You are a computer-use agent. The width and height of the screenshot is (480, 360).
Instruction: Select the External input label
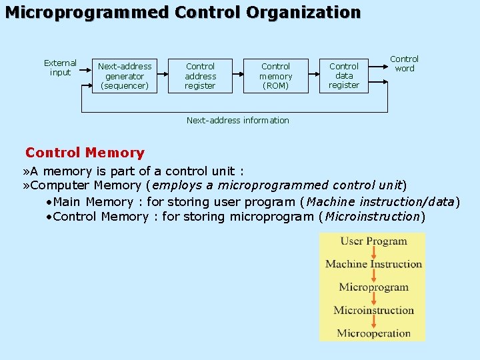[x=60, y=68]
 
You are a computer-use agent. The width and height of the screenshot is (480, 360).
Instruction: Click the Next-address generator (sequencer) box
[x=125, y=75]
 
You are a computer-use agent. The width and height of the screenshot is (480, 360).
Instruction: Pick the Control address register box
[x=201, y=75]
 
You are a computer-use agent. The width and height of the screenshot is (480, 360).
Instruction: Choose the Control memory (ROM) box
[x=276, y=75]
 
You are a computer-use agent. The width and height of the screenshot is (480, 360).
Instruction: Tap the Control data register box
[x=344, y=75]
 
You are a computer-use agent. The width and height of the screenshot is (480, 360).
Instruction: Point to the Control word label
[x=404, y=63]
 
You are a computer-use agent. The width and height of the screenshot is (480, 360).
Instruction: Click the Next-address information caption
[x=238, y=121]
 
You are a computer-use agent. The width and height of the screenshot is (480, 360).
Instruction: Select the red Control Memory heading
[x=85, y=153]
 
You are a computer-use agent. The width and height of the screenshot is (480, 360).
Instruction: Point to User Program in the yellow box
[x=373, y=241]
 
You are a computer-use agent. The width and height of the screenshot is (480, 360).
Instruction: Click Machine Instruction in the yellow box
[x=373, y=264]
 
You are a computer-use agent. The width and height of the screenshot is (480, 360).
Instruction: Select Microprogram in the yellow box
[x=373, y=287]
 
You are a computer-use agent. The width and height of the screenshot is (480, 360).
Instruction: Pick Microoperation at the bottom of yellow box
[x=373, y=333]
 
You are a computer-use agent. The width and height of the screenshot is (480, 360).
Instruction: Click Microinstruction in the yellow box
[x=373, y=310]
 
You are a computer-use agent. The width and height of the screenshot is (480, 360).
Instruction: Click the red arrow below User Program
[x=373, y=253]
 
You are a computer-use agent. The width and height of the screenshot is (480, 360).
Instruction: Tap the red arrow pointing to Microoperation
[x=373, y=322]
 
